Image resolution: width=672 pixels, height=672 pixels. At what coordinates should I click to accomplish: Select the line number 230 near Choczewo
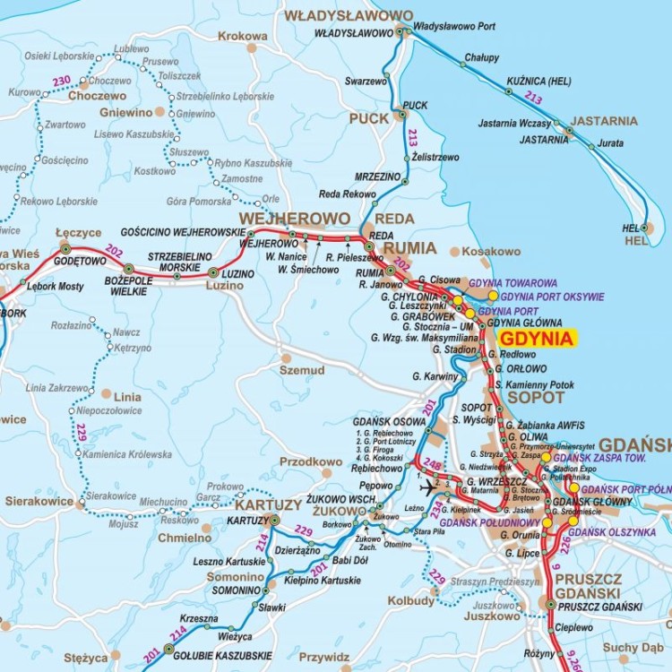pos(61,82)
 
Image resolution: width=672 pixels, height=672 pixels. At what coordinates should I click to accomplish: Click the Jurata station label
pos(611,143)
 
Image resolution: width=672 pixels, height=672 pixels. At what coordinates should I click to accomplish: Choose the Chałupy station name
pos(481,57)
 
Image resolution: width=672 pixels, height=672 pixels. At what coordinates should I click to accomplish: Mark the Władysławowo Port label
pos(452,27)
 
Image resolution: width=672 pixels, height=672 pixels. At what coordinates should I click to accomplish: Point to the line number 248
pos(434,464)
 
